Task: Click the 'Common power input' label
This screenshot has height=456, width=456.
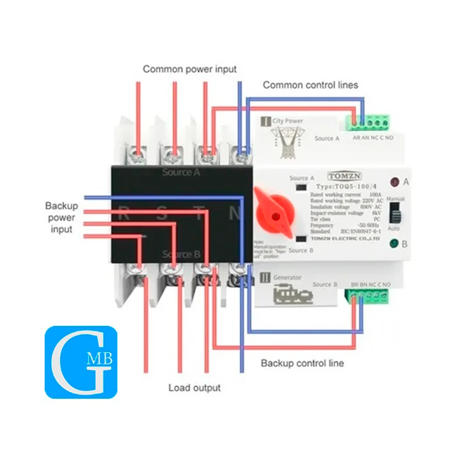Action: (x=190, y=69)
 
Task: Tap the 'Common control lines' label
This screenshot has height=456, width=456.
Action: (x=310, y=85)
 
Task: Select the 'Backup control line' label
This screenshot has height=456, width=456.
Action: (x=302, y=363)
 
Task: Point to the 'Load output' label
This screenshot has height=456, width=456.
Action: (x=194, y=388)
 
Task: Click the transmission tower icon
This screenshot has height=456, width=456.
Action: (x=286, y=140)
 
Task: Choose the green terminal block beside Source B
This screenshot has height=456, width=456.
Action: (x=370, y=296)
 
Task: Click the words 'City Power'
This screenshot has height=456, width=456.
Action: (x=288, y=121)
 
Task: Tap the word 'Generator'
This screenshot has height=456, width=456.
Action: (x=287, y=277)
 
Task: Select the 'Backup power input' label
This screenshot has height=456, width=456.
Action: (x=62, y=218)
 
